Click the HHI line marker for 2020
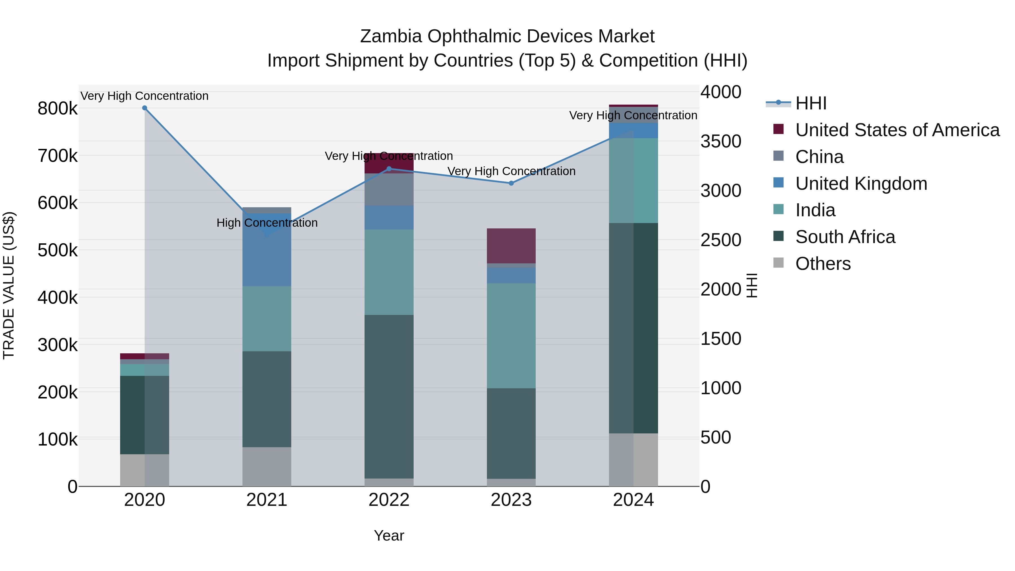[x=145, y=108]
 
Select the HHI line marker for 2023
[x=511, y=183]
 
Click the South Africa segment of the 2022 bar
[x=389, y=396]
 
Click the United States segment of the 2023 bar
[x=511, y=246]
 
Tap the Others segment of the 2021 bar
[x=267, y=467]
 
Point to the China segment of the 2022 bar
[x=389, y=189]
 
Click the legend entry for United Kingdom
[x=861, y=184]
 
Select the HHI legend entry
[x=811, y=103]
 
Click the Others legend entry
[x=823, y=264]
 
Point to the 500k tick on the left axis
[x=58, y=250]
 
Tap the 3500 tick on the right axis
[x=721, y=142]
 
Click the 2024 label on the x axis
[x=633, y=500]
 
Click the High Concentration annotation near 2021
[x=267, y=223]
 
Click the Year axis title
[x=389, y=535]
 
